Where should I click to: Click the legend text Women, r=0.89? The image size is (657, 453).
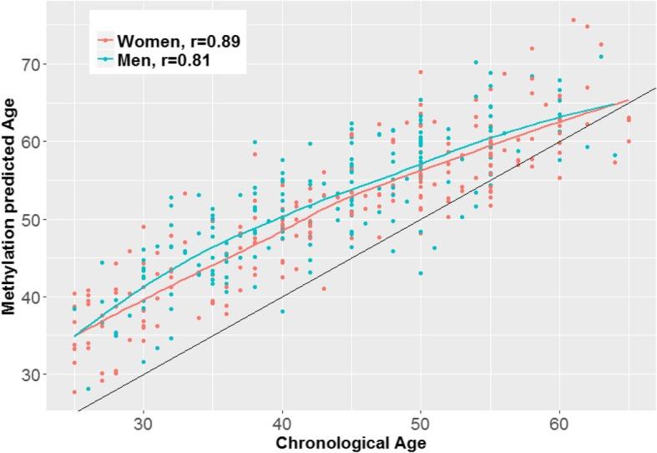point(179,41)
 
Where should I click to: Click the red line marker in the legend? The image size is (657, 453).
point(104,41)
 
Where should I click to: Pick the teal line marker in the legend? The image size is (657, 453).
point(104,59)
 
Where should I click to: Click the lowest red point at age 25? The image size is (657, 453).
point(74,392)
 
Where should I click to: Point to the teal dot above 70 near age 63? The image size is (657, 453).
point(600,57)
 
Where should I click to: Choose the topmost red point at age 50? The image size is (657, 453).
point(421,72)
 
